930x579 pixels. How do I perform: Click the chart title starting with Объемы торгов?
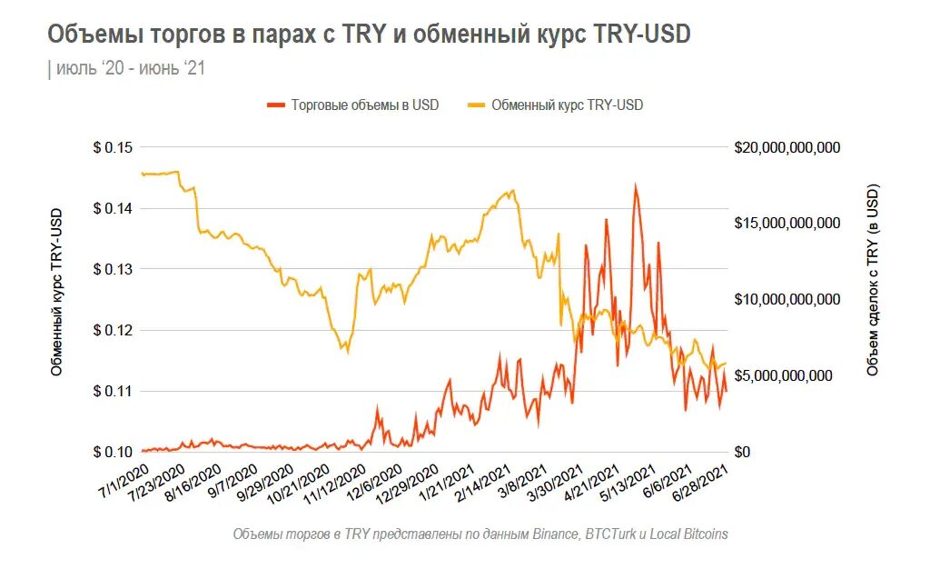point(368,35)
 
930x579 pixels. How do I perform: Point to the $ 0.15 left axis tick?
point(112,148)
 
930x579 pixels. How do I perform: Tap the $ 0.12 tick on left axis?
point(112,331)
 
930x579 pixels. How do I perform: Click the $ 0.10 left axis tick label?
point(112,453)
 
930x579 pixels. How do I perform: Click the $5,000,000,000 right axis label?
point(782,376)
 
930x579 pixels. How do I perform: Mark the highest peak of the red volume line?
point(635,185)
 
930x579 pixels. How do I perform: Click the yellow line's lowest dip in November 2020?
point(345,352)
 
